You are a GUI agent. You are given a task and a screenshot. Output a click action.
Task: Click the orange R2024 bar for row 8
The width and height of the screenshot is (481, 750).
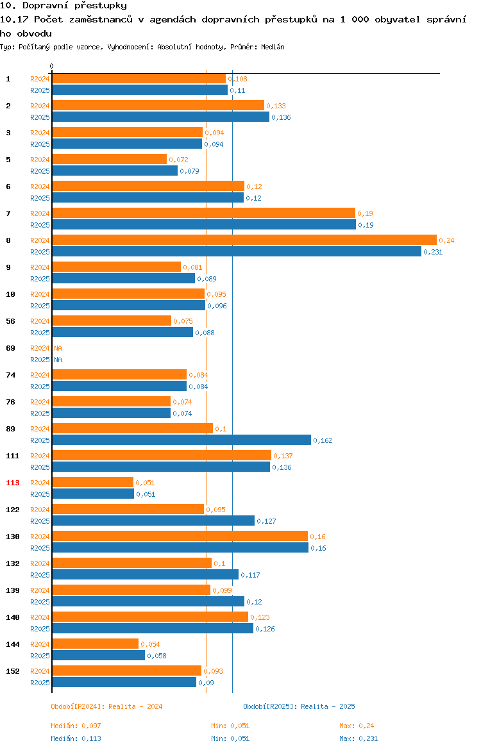pyautogui.click(x=244, y=240)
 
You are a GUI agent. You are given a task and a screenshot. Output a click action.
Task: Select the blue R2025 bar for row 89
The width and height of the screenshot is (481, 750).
pyautogui.click(x=181, y=440)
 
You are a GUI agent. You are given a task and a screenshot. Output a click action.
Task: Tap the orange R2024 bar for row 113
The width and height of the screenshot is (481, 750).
pyautogui.click(x=92, y=482)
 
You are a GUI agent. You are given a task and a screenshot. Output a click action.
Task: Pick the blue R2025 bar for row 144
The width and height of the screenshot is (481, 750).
pyautogui.click(x=98, y=655)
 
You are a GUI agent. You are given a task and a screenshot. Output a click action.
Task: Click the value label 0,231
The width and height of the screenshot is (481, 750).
pyautogui.click(x=433, y=252)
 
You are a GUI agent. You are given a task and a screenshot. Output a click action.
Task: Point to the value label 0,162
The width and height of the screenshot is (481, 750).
pyautogui.click(x=323, y=440)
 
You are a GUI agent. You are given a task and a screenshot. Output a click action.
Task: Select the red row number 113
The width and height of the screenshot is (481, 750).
pyautogui.click(x=12, y=483)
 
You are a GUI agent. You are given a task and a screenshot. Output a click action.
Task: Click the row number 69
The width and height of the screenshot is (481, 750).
pyautogui.click(x=10, y=348)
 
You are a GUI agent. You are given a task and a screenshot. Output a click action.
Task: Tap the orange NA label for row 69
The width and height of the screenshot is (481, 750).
pyautogui.click(x=58, y=348)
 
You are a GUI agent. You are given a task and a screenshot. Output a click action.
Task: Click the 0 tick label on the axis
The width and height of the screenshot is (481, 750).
pyautogui.click(x=52, y=67)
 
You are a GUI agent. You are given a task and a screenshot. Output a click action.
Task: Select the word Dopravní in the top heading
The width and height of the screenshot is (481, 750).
pyautogui.click(x=46, y=6)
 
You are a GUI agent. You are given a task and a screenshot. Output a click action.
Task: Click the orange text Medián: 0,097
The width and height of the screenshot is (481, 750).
pyautogui.click(x=76, y=726)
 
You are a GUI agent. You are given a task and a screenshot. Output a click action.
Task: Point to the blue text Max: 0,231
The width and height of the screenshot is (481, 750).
pyautogui.click(x=359, y=738)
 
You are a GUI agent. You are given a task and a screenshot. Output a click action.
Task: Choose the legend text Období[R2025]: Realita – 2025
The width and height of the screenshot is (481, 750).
pyautogui.click(x=299, y=706)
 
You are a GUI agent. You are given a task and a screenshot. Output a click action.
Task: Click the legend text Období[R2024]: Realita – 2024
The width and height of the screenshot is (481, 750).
pyautogui.click(x=106, y=706)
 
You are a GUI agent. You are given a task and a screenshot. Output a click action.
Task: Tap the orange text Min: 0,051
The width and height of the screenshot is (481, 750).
pyautogui.click(x=230, y=726)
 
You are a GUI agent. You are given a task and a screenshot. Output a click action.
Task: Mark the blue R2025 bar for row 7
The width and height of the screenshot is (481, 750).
pyautogui.click(x=204, y=224)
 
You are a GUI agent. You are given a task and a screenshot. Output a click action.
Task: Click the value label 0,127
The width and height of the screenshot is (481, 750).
pyautogui.click(x=267, y=521)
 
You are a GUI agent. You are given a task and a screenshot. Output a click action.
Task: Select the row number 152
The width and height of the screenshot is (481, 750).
pyautogui.click(x=12, y=671)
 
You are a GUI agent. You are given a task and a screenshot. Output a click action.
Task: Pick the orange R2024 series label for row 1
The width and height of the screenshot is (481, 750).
pyautogui.click(x=40, y=79)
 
